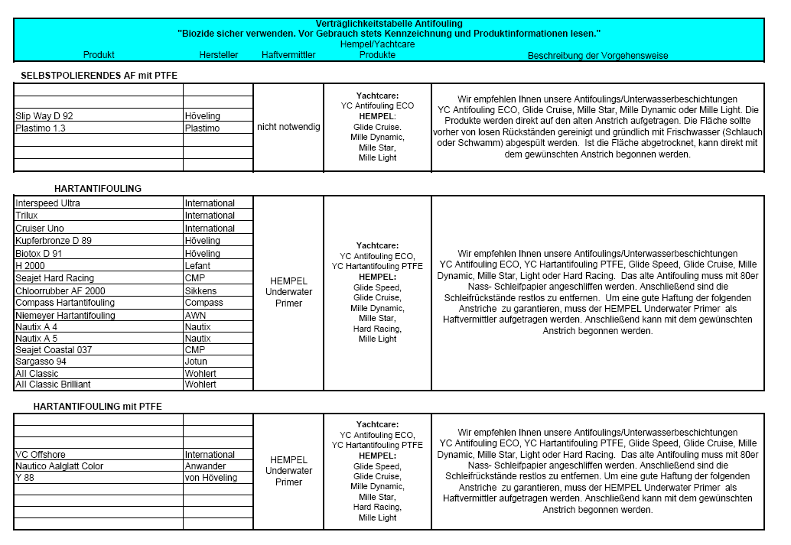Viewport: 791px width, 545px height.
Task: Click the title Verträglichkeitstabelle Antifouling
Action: click(389, 24)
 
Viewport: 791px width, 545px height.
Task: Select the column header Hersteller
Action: click(219, 55)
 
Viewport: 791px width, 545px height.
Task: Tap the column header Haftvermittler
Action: click(288, 55)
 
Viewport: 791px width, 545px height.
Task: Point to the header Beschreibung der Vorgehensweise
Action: click(597, 55)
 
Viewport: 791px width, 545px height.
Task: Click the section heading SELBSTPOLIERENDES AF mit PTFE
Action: click(99, 76)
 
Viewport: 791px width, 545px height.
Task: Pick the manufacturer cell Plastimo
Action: click(202, 128)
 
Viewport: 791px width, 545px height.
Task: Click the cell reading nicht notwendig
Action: click(289, 127)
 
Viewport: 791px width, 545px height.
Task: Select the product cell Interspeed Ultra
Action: click(47, 203)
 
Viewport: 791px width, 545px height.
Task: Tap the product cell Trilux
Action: click(27, 216)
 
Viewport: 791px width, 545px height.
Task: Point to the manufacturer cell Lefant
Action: click(198, 266)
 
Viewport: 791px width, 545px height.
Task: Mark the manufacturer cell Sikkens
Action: click(200, 290)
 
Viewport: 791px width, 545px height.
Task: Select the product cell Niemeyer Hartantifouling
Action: click(65, 315)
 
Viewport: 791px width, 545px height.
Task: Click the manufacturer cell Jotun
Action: click(196, 361)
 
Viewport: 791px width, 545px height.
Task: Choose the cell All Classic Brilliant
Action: click(53, 384)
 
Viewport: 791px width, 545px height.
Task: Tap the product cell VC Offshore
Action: click(40, 455)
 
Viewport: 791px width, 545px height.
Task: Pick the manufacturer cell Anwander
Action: click(206, 466)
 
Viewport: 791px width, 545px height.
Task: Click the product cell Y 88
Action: click(24, 478)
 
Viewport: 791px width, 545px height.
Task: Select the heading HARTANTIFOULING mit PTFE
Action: click(97, 406)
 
